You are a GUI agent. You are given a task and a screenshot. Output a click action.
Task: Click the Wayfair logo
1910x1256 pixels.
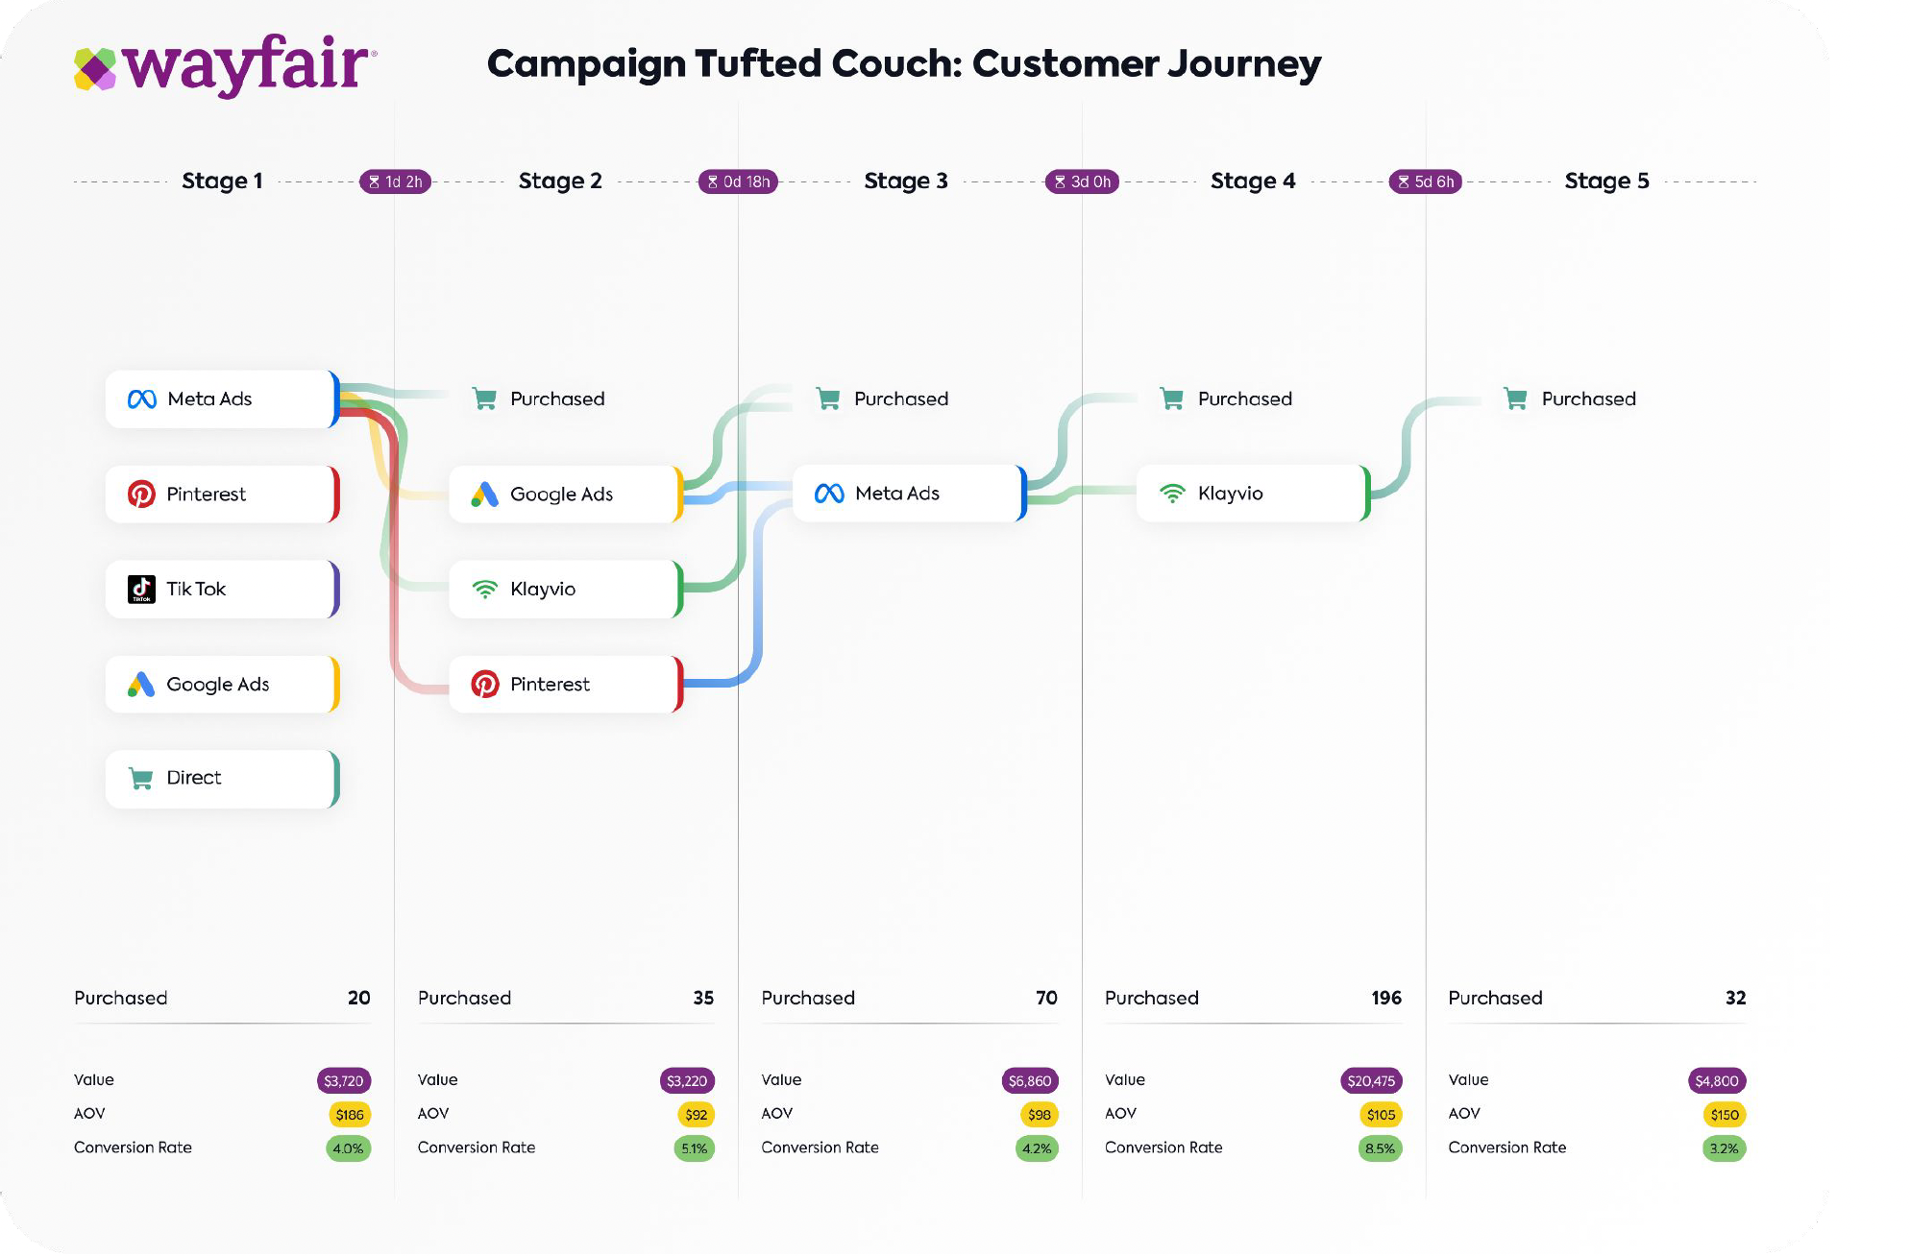click(x=226, y=65)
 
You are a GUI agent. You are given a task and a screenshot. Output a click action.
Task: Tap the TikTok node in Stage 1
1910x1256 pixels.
click(x=222, y=590)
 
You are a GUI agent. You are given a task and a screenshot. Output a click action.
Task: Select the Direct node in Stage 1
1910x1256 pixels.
click(x=222, y=779)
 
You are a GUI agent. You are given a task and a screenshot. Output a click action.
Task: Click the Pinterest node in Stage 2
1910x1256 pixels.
click(x=565, y=685)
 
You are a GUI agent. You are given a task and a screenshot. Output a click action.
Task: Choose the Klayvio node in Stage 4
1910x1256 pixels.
click(x=1252, y=494)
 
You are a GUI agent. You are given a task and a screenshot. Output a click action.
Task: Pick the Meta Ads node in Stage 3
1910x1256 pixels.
click(x=909, y=494)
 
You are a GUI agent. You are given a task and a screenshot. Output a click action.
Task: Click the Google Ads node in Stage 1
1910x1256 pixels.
click(x=222, y=685)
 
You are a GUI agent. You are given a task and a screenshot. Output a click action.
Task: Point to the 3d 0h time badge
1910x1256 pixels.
click(x=1082, y=181)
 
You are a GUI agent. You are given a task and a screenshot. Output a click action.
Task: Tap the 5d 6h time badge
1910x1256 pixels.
click(x=1426, y=181)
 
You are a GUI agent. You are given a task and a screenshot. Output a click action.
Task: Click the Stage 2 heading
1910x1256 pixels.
click(x=560, y=181)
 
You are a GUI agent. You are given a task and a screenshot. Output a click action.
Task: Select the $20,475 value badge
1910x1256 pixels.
click(x=1371, y=1081)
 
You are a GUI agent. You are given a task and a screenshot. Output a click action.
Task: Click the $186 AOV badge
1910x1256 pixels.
click(x=350, y=1115)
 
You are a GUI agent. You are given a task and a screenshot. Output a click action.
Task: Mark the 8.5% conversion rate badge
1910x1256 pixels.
click(x=1380, y=1148)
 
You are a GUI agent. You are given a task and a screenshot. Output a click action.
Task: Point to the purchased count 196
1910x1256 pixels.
click(x=1385, y=999)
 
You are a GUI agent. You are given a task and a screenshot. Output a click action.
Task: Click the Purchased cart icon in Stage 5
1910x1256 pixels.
click(x=1516, y=399)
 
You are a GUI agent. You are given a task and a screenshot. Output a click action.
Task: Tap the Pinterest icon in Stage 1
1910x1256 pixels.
click(x=141, y=495)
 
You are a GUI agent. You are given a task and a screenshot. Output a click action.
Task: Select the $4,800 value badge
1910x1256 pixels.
click(x=1716, y=1081)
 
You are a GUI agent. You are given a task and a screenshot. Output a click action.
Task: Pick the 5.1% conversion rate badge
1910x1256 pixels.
click(x=694, y=1148)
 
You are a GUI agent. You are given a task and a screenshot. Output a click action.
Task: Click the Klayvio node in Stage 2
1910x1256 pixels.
click(x=565, y=590)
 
